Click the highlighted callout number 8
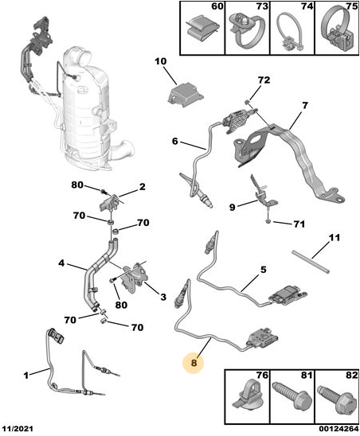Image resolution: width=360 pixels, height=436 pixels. (x=194, y=363)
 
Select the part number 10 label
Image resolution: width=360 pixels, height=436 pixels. (x=160, y=61)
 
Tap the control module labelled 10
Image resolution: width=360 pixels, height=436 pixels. (x=185, y=95)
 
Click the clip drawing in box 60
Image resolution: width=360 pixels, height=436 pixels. (x=202, y=29)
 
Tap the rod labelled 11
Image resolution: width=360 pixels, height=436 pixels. (x=311, y=262)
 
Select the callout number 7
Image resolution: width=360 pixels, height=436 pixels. (x=305, y=106)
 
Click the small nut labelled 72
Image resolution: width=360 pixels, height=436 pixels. (x=247, y=103)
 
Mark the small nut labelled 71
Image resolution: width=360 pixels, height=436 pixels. (x=268, y=221)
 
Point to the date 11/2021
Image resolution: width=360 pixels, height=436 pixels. (x=18, y=429)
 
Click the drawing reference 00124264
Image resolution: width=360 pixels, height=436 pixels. (x=338, y=429)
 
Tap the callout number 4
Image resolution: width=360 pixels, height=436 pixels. (x=61, y=263)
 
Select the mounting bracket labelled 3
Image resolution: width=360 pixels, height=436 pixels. (x=134, y=277)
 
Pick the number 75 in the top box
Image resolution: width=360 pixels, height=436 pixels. (x=352, y=6)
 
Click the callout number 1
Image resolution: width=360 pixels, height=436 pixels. (x=26, y=376)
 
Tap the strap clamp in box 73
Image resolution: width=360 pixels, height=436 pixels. (x=245, y=29)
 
